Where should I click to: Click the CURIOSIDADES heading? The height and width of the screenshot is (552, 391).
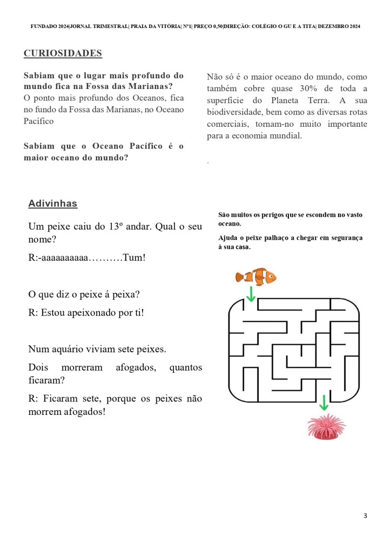point(63,53)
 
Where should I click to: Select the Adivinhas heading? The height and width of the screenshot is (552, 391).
point(52,203)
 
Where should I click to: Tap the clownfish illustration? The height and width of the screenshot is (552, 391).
point(255,277)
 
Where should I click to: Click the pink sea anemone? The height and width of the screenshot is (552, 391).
point(326,426)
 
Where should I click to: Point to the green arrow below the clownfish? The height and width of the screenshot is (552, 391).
point(251,294)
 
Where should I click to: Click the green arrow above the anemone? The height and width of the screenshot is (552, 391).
point(323,403)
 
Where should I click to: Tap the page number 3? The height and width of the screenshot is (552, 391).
point(365,516)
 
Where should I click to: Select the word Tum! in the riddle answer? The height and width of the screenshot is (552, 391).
point(134,258)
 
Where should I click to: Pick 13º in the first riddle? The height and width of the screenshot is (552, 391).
point(114,227)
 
